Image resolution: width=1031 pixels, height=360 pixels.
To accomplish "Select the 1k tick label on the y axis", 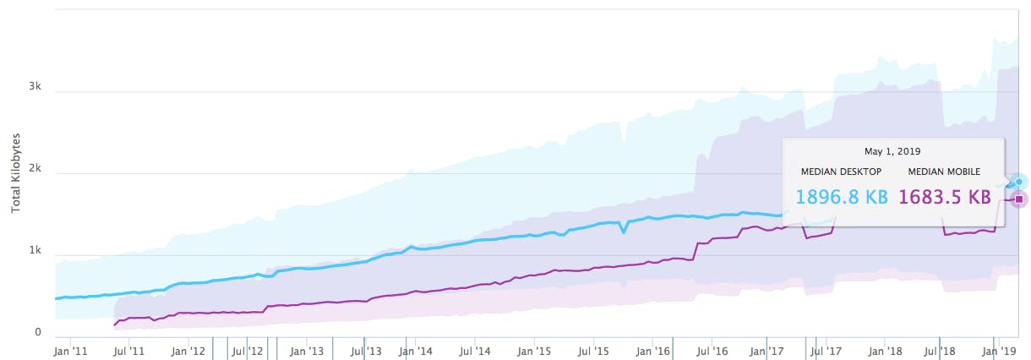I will click(x=35, y=252).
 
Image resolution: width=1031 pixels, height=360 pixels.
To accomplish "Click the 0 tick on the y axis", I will click(x=38, y=333).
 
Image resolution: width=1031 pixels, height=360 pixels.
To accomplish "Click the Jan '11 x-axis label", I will click(x=70, y=350).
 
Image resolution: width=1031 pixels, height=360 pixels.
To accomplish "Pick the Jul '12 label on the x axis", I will click(x=248, y=350).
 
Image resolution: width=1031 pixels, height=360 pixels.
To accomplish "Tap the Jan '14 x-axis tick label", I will click(x=416, y=350).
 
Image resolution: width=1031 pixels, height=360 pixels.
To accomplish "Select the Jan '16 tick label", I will click(x=653, y=350).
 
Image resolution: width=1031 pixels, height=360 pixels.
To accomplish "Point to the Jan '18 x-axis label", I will click(x=886, y=350).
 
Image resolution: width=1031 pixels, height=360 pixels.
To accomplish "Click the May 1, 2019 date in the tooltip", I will click(x=892, y=151).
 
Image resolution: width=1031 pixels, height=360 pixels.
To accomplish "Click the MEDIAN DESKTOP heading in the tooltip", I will click(x=841, y=172).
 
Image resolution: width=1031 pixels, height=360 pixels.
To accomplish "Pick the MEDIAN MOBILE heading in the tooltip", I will click(x=944, y=172).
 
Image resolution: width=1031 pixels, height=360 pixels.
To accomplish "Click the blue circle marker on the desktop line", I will click(x=1020, y=182).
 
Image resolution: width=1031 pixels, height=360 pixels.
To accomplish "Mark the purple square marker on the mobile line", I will click(x=1019, y=199).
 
